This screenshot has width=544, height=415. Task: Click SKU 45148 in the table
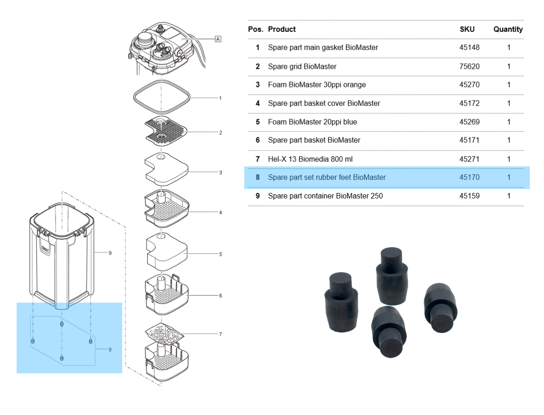[x=469, y=47]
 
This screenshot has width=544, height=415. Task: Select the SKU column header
[x=467, y=29]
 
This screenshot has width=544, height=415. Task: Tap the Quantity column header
[x=508, y=29]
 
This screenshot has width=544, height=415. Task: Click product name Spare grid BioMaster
[x=302, y=66]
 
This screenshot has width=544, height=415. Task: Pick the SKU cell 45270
[x=469, y=85]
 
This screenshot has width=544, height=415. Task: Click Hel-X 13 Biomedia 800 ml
[x=310, y=159]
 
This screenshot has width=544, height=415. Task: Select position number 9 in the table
[x=257, y=196]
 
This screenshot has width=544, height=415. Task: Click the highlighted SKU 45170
[x=469, y=177]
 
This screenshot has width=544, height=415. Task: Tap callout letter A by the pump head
[x=218, y=39]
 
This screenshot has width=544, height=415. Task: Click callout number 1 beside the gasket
[x=220, y=98]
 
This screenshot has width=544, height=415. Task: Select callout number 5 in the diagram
[x=220, y=254]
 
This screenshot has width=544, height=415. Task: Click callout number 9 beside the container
[x=110, y=253]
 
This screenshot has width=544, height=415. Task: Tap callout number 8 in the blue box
[x=110, y=349]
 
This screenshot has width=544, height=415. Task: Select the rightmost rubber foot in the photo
[x=439, y=308]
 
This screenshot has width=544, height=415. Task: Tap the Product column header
[x=282, y=29]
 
